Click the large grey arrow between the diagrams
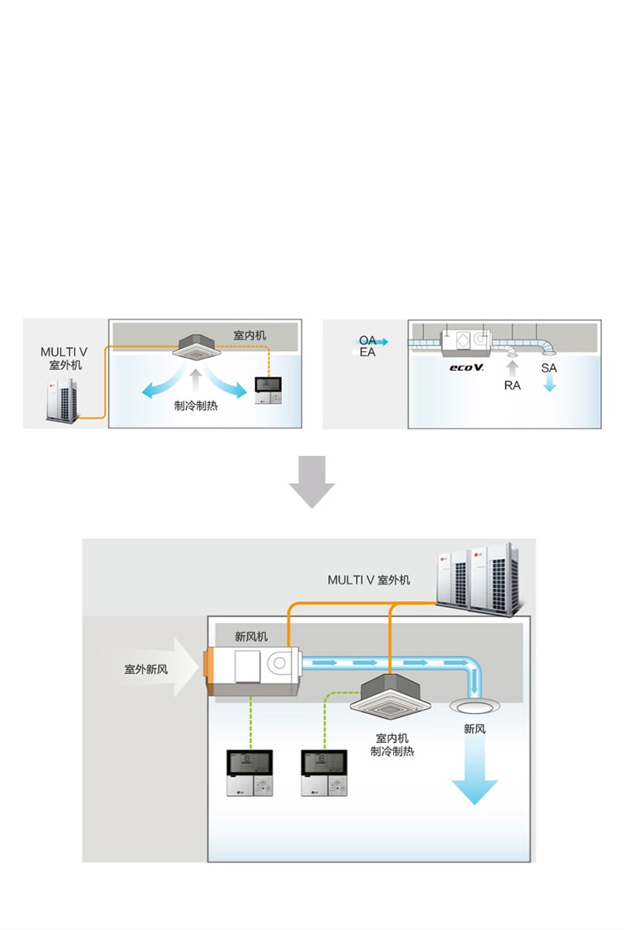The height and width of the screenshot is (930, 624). (x=312, y=481)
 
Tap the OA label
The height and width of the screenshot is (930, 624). (x=367, y=340)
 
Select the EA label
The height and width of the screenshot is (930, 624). (x=367, y=353)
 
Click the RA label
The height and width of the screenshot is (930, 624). (x=512, y=385)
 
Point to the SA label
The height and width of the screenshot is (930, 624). (x=549, y=368)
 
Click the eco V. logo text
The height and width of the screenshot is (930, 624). (x=467, y=367)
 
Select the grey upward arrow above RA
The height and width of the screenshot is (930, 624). (x=512, y=367)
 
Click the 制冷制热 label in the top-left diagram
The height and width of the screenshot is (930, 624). (x=196, y=405)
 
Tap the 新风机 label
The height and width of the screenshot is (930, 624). (x=251, y=637)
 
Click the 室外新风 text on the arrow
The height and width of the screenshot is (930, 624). (x=146, y=669)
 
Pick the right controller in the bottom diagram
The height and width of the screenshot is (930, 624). (x=325, y=773)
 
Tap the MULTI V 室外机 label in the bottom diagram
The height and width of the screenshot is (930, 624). (x=369, y=580)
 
